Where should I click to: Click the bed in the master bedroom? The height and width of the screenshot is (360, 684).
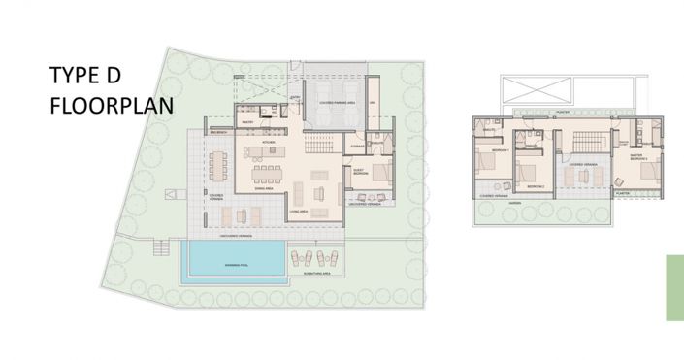coord(644,174)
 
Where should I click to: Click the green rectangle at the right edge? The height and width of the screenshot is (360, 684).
coord(674,287)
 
